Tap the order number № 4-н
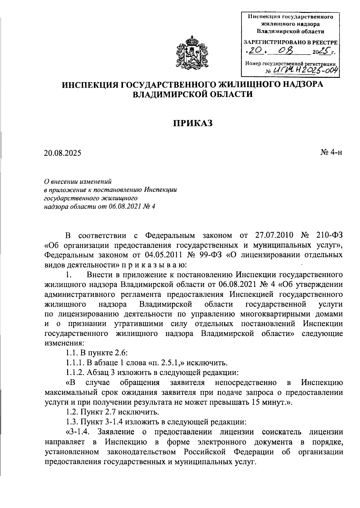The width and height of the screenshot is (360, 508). click(331, 153)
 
